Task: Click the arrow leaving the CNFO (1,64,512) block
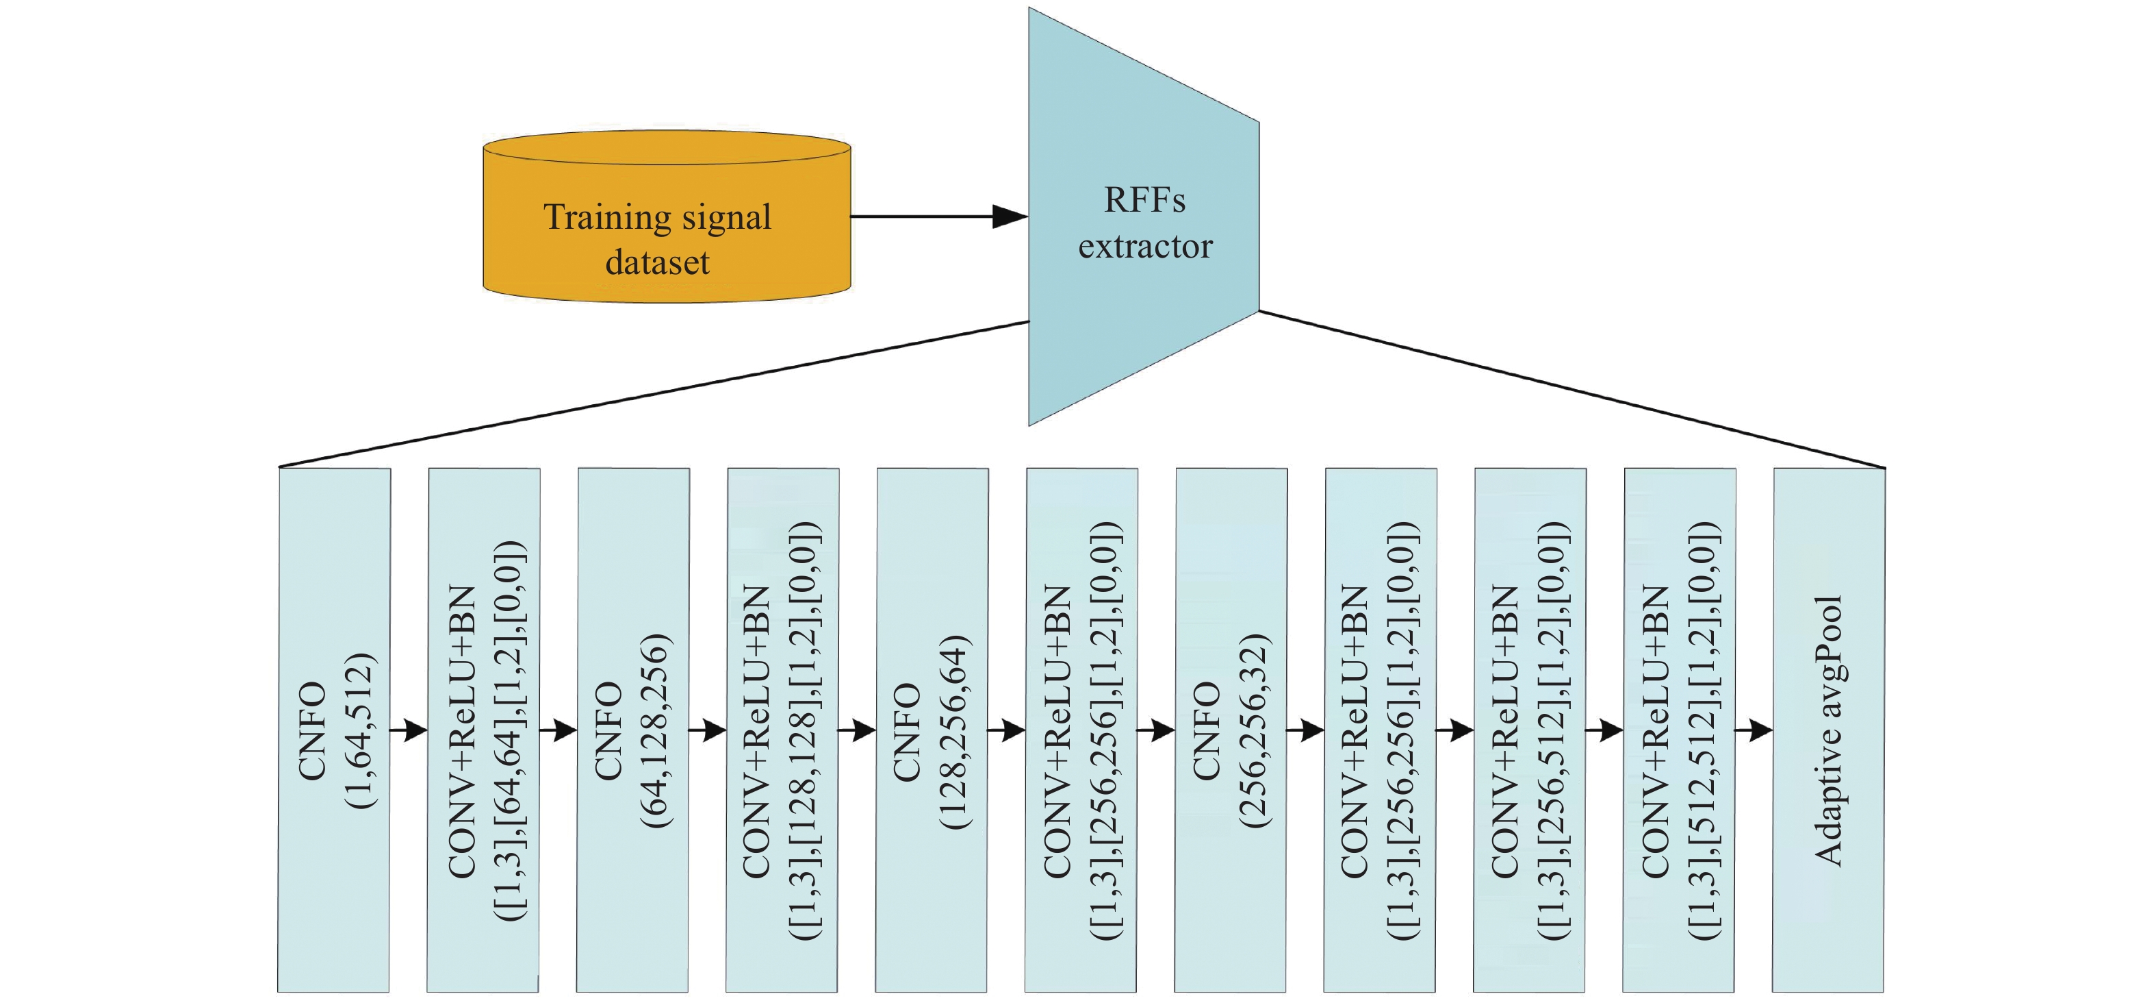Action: pyautogui.click(x=409, y=730)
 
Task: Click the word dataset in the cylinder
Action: pyautogui.click(x=657, y=262)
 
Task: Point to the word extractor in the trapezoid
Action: pyautogui.click(x=1145, y=246)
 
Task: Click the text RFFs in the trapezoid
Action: pyautogui.click(x=1144, y=200)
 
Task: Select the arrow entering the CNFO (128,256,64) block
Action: pyautogui.click(x=857, y=730)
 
